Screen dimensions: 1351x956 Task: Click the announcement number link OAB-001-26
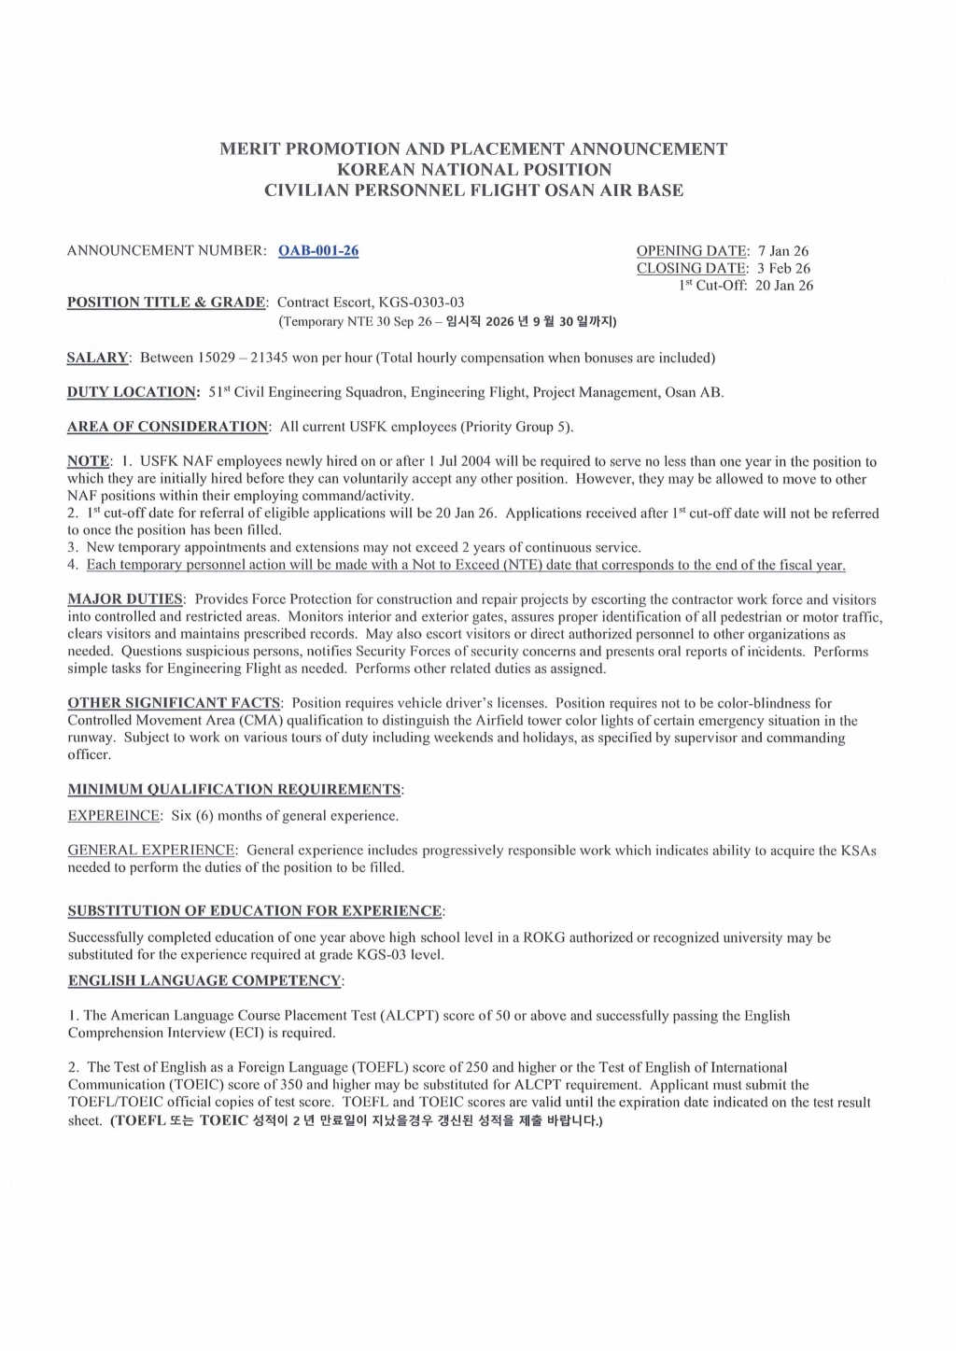click(318, 250)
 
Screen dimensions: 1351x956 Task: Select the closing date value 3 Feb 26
click(783, 269)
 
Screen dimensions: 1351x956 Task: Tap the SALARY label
click(97, 358)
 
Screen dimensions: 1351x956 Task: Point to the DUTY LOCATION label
click(133, 392)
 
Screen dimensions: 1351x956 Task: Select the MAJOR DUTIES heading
click(125, 599)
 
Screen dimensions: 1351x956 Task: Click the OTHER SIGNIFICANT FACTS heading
click(174, 703)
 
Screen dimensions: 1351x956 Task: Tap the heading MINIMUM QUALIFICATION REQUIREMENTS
click(234, 790)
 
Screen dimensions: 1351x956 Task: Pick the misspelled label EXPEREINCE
click(114, 816)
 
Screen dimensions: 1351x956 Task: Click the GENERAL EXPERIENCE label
click(151, 851)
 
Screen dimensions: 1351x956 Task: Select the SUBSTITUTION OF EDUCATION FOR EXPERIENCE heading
click(255, 911)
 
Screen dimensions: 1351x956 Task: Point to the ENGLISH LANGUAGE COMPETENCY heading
click(204, 980)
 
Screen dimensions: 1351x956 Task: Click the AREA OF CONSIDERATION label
click(168, 427)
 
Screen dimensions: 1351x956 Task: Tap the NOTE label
click(88, 461)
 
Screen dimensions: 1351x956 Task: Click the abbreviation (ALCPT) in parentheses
click(410, 1016)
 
